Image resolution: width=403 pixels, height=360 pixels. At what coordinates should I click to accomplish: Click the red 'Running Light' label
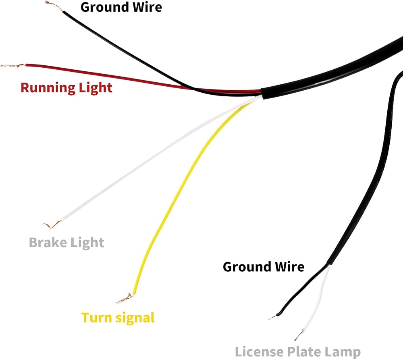[66, 88]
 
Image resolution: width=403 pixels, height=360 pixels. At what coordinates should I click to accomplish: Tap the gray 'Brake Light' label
[66, 242]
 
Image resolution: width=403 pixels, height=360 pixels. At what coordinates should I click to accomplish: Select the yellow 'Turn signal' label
[118, 318]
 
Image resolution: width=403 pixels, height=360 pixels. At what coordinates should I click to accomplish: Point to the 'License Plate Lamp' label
[298, 352]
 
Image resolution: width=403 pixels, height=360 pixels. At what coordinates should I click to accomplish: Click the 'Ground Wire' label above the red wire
[121, 7]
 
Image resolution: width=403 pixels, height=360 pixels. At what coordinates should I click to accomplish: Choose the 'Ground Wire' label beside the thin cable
[264, 266]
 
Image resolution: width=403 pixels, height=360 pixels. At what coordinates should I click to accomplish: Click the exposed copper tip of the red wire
[13, 66]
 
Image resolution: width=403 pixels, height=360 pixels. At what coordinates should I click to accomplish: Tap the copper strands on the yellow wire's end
[125, 299]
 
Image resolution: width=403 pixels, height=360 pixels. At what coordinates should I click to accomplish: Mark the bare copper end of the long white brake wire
[52, 224]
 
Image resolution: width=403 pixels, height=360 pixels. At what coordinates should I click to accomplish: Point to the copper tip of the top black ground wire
[54, 6]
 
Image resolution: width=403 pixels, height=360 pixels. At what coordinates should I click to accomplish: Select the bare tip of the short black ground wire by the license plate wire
[272, 317]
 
